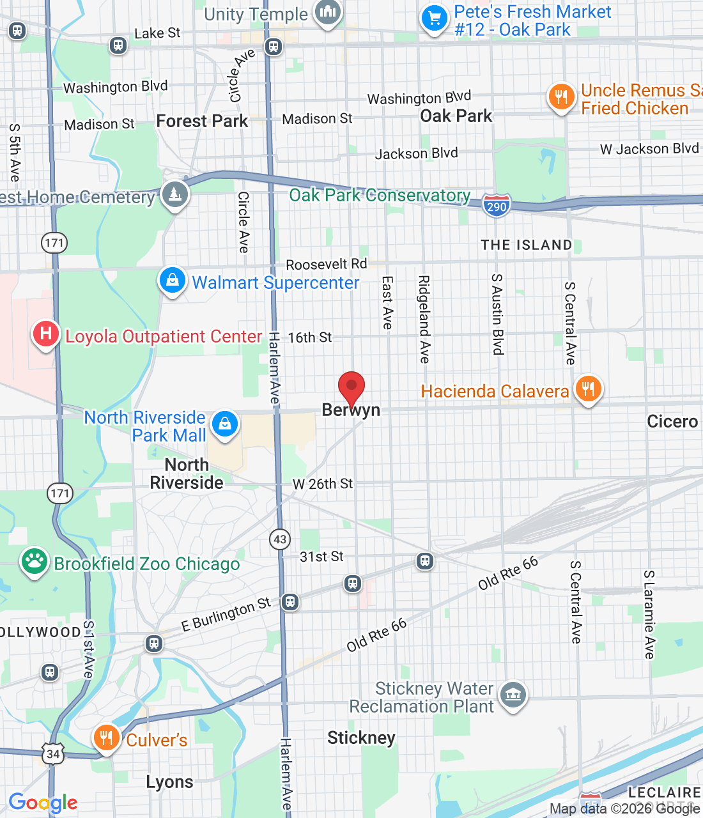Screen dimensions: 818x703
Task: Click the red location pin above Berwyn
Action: tap(351, 387)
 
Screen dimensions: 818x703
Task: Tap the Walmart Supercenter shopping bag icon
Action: tap(172, 281)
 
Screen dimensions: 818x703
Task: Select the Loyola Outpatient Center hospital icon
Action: tap(46, 334)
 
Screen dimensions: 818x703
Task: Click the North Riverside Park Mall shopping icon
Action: tap(224, 424)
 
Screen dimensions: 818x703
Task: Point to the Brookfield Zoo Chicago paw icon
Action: tap(34, 562)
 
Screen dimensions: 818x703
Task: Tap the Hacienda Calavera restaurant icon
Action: tap(588, 389)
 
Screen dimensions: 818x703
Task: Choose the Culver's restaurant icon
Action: tap(106, 737)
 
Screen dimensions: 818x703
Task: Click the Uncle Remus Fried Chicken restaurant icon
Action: tap(561, 98)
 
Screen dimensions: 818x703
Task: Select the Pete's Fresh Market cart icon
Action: tap(435, 18)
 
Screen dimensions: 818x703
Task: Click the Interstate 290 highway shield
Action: tap(496, 206)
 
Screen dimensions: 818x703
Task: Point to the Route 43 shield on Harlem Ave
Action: tap(280, 539)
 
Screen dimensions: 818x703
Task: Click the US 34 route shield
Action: tap(53, 754)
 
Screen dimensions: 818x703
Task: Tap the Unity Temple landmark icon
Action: tap(328, 12)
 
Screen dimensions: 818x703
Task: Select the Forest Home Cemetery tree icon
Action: tap(174, 194)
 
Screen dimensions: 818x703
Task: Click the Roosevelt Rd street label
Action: tap(326, 264)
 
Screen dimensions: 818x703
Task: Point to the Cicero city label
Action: tap(672, 421)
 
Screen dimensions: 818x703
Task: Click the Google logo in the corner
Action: tap(43, 803)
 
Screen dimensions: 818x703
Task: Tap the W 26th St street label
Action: tap(323, 484)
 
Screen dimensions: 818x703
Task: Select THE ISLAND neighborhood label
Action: tap(526, 245)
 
